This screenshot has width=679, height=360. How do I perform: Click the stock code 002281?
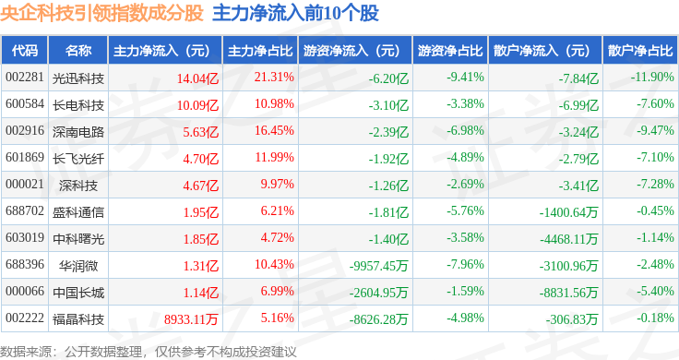[x=25, y=78]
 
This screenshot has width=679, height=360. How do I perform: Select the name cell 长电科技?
[x=78, y=105]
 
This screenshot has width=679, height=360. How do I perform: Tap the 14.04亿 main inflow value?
[x=197, y=78]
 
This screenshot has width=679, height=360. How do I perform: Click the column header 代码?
[x=25, y=50]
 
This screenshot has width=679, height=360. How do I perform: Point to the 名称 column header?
[x=78, y=50]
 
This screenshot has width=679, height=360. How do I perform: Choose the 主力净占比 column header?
[x=260, y=50]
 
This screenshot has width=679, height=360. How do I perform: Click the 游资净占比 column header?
[x=450, y=50]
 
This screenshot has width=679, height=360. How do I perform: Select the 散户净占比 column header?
[x=640, y=50]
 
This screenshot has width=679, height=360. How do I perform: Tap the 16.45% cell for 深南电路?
[x=274, y=130]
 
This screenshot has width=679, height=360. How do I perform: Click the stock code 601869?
[x=25, y=157]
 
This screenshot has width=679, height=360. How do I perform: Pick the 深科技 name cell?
[x=78, y=186]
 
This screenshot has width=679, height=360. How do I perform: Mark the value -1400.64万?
[x=568, y=212]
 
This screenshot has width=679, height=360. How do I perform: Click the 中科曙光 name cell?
[x=78, y=239]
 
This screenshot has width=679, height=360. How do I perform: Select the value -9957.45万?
[x=379, y=266]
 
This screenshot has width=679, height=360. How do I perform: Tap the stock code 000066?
[x=25, y=291]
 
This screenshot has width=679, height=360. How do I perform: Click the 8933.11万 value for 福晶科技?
[x=191, y=319]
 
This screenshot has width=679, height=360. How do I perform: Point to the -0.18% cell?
[x=655, y=318]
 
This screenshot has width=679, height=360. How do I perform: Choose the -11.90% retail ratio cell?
[x=652, y=77]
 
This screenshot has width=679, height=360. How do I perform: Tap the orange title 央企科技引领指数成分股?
[x=101, y=13]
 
